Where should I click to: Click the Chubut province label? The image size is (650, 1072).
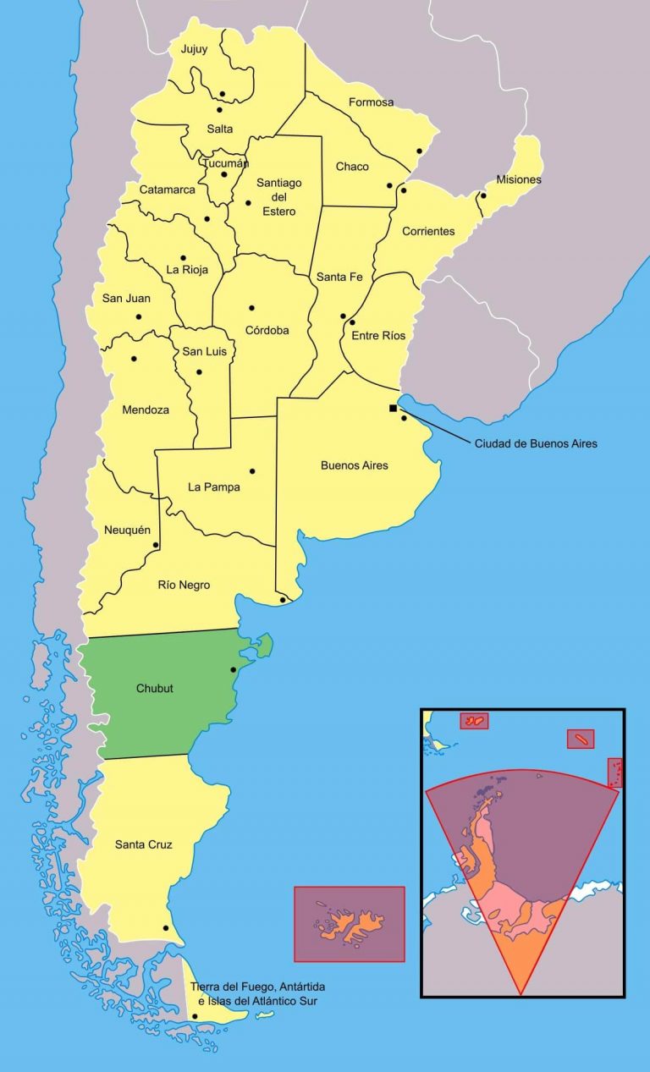[x=154, y=688]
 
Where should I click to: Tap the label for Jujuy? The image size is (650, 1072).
[x=194, y=49]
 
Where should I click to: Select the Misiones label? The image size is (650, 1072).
[x=518, y=179]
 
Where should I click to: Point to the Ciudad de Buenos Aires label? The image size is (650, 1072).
[x=535, y=443]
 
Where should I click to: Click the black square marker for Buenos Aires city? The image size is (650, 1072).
[x=393, y=408]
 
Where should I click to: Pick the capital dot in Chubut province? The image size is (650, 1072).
[x=234, y=669]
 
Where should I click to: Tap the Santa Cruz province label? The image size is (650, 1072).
[x=143, y=844]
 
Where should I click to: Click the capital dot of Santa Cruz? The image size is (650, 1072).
[x=166, y=928]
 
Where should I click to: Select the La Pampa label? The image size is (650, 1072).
[x=213, y=487]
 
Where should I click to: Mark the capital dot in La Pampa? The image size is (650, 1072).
[x=251, y=471]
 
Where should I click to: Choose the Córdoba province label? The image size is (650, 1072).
[x=267, y=330]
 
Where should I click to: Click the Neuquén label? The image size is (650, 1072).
[x=127, y=530]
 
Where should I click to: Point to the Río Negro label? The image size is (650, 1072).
[x=184, y=585]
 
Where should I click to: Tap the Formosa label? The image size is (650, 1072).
[x=371, y=102]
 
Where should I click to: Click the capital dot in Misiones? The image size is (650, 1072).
[x=483, y=195]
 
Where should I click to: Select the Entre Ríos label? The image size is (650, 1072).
[x=378, y=336]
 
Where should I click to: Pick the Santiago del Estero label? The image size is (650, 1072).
[x=279, y=197]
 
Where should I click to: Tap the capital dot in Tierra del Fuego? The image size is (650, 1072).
[x=196, y=1016]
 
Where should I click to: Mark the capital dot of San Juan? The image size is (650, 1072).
[x=139, y=316]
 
